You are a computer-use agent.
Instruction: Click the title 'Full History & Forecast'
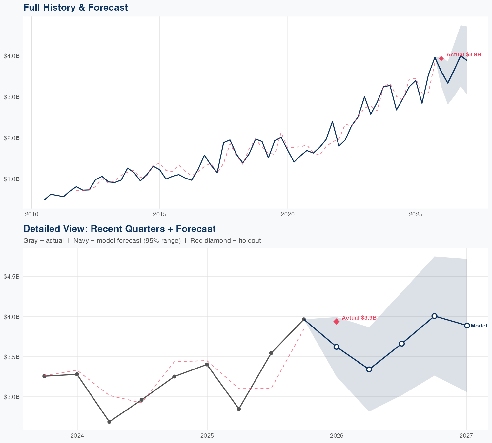pos(75,7)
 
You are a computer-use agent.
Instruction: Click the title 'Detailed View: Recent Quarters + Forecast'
pos(119,229)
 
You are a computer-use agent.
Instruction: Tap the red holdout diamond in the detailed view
pos(337,321)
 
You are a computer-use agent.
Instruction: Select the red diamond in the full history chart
pos(441,58)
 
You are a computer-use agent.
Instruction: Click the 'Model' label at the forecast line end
pos(479,326)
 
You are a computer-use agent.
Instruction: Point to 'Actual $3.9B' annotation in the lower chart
pos(359,318)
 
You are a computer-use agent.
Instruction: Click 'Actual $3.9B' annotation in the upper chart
pos(464,54)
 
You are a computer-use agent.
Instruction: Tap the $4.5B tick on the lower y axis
pos(11,276)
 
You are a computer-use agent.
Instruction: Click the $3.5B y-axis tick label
pos(11,357)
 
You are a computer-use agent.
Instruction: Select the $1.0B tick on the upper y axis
pos(11,179)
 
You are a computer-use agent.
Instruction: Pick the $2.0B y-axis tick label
pos(11,138)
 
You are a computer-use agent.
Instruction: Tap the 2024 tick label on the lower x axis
pos(77,436)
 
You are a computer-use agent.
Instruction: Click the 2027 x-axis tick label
pos(466,436)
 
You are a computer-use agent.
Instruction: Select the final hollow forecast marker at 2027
pos(467,326)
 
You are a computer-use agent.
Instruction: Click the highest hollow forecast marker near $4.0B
pos(434,316)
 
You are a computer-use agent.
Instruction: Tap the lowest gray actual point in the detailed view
pos(109,422)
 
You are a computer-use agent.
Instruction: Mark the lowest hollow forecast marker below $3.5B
pos(369,369)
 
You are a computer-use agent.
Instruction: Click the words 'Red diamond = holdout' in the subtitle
pos(226,241)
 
